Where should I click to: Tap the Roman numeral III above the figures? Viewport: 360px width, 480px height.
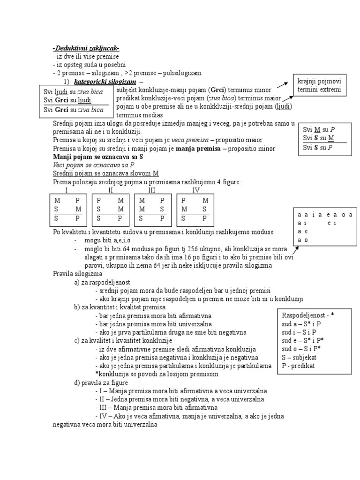point(151,190)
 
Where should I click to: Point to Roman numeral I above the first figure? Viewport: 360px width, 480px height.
point(66,190)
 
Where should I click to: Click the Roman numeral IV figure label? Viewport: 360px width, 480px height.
point(195,190)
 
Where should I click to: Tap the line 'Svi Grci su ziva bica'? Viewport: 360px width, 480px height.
point(74,110)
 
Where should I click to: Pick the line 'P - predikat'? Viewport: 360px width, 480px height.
point(298,365)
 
